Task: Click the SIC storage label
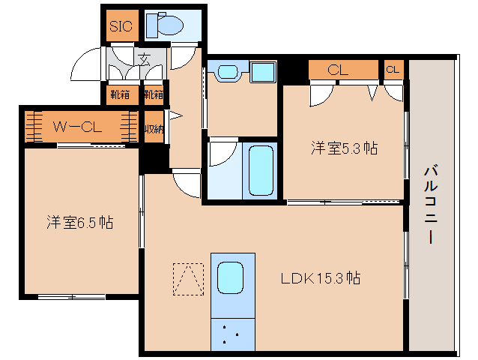[121, 26]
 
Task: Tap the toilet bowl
[170, 25]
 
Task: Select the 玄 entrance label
[144, 59]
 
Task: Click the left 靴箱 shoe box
[120, 95]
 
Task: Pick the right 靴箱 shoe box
[154, 95]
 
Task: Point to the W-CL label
[77, 127]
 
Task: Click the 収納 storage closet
[154, 127]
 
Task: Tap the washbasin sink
[228, 73]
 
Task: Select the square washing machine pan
[263, 72]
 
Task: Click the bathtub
[261, 170]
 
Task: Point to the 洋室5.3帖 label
[344, 148]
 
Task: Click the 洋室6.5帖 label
[80, 223]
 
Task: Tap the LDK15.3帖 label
[321, 278]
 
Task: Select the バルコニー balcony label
[431, 204]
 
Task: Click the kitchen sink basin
[230, 278]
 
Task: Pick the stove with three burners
[233, 334]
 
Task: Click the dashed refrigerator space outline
[188, 279]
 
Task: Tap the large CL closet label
[338, 70]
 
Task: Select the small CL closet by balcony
[393, 70]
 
